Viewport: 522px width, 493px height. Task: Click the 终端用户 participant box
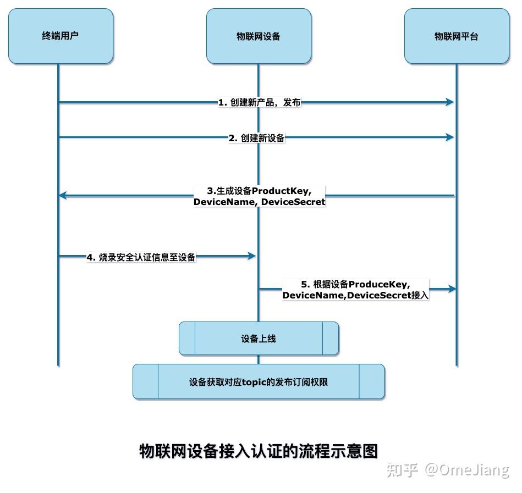[61, 36]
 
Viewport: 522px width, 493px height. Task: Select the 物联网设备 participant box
[259, 36]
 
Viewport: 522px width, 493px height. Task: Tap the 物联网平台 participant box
[457, 36]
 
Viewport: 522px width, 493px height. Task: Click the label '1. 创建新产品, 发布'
[259, 102]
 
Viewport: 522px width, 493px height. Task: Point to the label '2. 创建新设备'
[257, 138]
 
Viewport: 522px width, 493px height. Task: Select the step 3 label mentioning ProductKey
[259, 196]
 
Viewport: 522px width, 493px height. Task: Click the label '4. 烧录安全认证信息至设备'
[141, 257]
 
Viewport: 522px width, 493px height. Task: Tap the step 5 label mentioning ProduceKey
[355, 290]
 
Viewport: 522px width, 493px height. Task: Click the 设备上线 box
[259, 339]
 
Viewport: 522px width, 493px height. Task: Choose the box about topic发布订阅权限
[259, 381]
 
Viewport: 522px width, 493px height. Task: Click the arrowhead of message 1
[450, 102]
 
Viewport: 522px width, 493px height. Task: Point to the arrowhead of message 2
[450, 137]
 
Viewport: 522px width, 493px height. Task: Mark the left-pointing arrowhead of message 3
[63, 195]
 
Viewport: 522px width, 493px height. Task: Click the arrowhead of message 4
[252, 256]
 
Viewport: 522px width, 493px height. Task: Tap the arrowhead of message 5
[452, 289]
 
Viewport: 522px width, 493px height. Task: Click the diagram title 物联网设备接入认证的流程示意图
[259, 451]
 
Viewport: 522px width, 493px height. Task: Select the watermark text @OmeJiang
[466, 470]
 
